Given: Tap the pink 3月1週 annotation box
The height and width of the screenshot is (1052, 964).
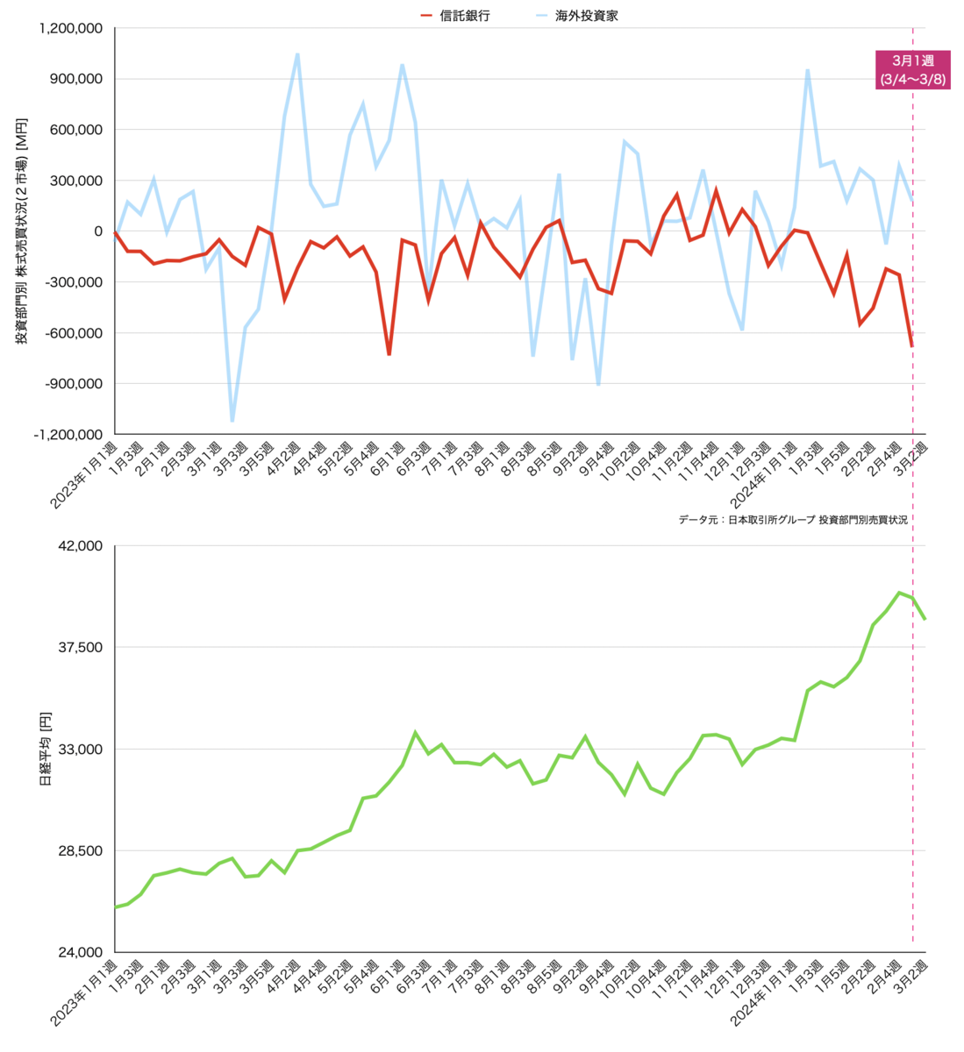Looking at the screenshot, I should pos(912,69).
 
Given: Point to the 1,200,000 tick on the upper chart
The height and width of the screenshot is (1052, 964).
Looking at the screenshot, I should pos(71,28).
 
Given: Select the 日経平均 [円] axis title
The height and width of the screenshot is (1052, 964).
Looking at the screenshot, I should pos(46,749).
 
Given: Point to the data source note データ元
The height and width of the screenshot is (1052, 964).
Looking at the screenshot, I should pos(792,520).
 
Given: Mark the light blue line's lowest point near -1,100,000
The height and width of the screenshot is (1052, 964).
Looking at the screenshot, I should pos(232,421).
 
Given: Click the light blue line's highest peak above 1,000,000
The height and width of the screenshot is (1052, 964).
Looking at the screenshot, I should pos(297,54).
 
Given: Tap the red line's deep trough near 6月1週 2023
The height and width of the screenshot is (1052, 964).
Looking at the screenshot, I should pos(389,354).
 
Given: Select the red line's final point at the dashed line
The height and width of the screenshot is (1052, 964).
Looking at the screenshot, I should pos(912,346).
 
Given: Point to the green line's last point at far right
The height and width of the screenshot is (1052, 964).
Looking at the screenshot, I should pos(925,619).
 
